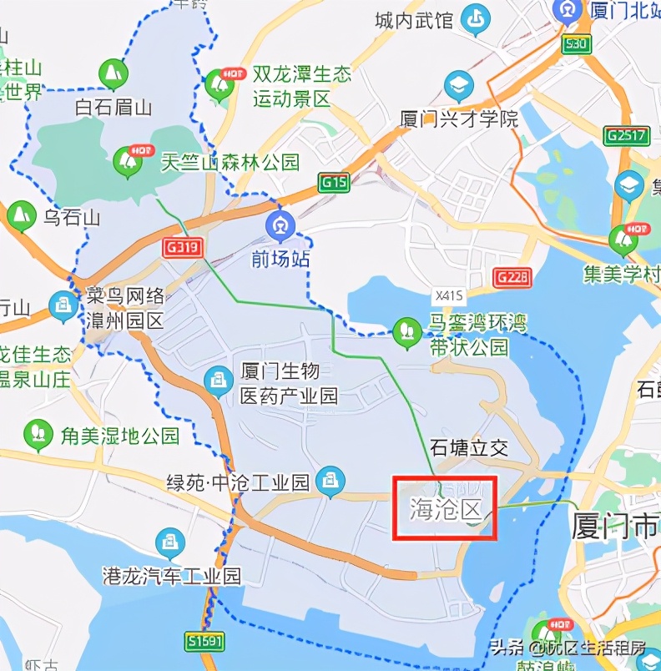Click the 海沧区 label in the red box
pos(446,507)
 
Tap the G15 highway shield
pos(335,182)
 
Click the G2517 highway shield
pos(628,135)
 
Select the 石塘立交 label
pos(468,447)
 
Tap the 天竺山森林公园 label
pos(230,161)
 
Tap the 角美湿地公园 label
pos(119,434)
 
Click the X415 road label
pos(448,296)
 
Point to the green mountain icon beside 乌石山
pos(20,216)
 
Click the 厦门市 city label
pos(616,526)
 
